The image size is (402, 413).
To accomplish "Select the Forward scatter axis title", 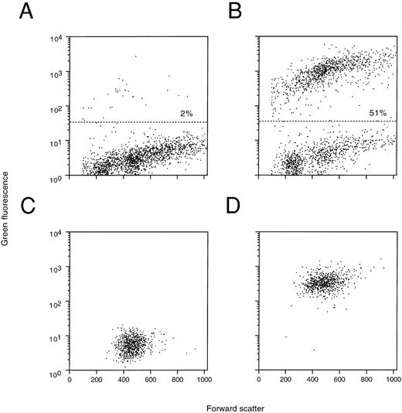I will click(231, 405).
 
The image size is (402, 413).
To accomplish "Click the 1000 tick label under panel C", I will click(204, 381).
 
